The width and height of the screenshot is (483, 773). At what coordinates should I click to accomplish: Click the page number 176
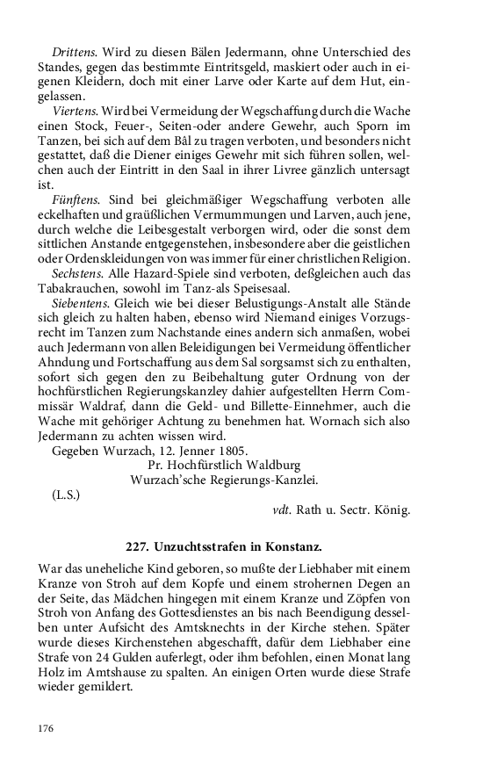[47, 728]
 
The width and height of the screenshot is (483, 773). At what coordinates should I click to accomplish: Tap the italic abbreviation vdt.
[283, 509]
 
